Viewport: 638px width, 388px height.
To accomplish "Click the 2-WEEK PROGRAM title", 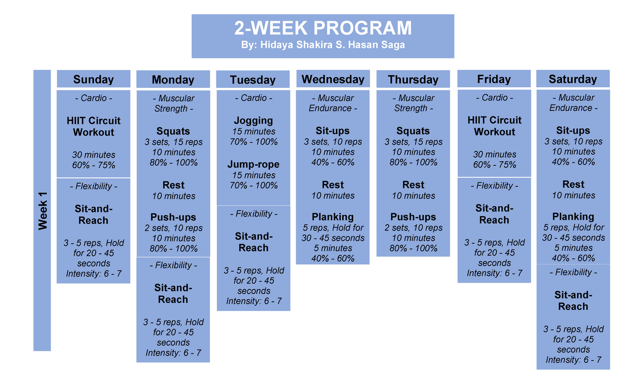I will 323,28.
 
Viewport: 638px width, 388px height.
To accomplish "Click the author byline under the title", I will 323,45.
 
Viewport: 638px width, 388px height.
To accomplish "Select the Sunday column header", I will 94,79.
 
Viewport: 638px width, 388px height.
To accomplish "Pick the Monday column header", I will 173,80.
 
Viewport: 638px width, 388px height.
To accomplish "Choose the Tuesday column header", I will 253,80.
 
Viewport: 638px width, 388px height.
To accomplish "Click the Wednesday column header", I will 333,79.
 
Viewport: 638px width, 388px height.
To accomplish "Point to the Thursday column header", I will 413,80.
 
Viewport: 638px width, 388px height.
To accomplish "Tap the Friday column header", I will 493,79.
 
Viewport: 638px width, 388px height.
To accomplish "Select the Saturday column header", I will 573,79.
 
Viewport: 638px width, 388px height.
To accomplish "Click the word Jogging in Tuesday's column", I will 254,121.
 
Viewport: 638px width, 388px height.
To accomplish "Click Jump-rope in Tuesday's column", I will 254,164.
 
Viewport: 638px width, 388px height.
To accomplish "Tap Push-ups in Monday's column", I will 173,217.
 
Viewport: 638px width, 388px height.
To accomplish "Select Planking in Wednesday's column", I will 333,217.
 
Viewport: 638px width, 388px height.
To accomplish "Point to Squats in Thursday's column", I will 413,131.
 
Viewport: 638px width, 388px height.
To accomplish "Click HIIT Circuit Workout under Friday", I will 494,126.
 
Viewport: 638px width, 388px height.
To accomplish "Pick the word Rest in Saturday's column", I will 573,185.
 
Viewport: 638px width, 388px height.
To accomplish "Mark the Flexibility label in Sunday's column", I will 94,186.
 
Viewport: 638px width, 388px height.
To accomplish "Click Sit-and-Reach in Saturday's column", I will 573,301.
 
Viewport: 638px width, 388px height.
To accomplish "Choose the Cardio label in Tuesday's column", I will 254,98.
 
